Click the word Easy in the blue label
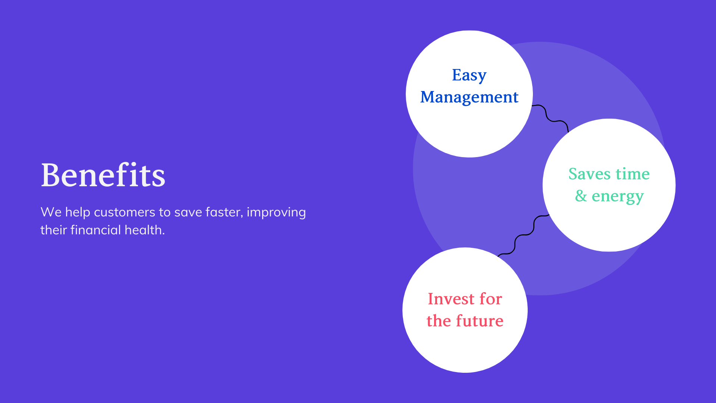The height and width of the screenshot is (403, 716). click(469, 75)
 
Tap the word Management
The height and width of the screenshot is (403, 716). click(469, 97)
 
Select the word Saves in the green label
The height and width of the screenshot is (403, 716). click(589, 174)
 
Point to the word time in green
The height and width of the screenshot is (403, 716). click(632, 174)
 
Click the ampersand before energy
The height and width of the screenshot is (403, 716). click(581, 196)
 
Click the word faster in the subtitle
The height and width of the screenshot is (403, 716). click(224, 212)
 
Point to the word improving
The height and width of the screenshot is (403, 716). click(276, 213)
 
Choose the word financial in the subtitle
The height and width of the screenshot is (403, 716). click(96, 230)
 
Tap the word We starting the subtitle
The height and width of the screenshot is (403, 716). click(51, 212)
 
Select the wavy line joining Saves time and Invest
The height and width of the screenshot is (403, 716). click(524, 235)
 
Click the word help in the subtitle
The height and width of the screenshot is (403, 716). click(78, 213)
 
